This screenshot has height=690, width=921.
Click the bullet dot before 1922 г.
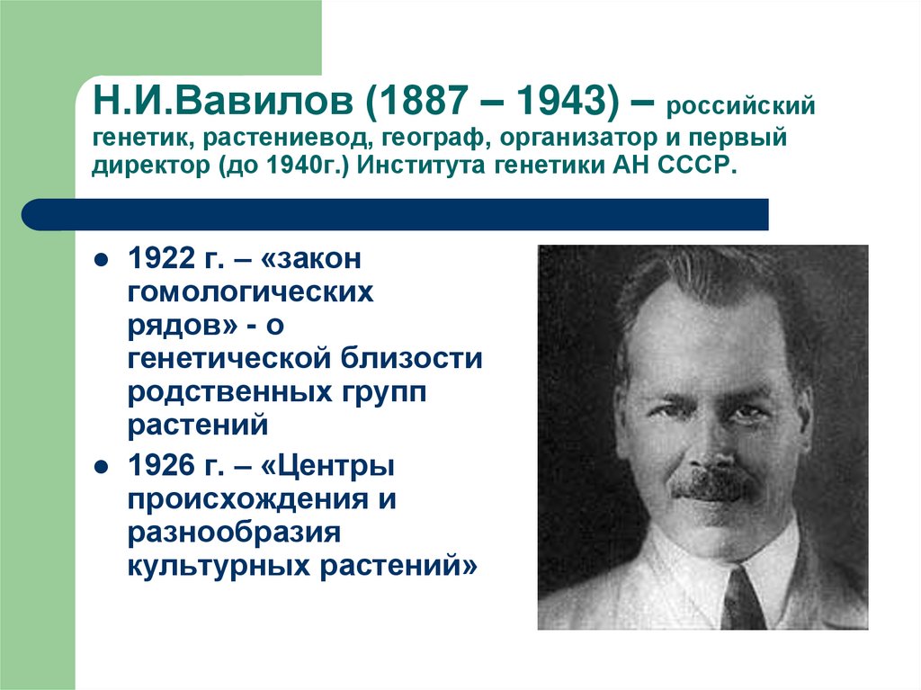pos(102,259)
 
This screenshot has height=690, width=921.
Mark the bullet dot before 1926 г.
pos(102,468)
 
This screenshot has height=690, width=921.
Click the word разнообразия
pos(233,533)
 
